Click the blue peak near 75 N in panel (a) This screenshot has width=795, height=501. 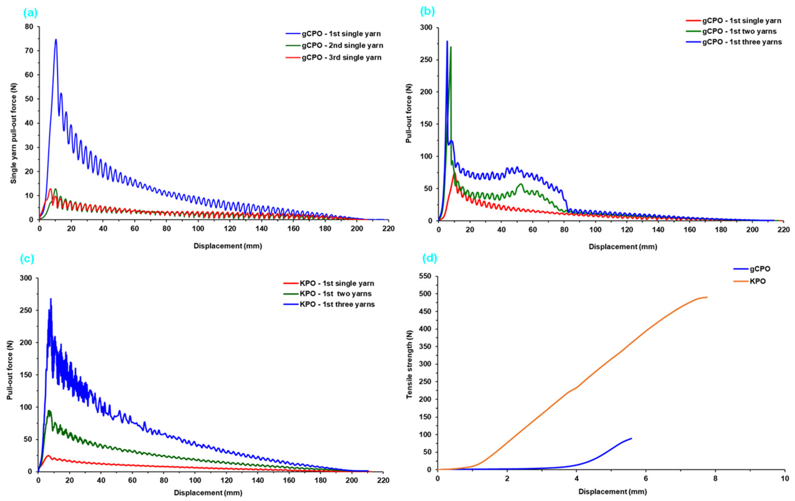click(56, 40)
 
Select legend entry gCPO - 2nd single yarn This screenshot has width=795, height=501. click(342, 46)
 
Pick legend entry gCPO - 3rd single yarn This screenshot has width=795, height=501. click(341, 58)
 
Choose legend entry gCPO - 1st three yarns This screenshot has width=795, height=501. click(741, 42)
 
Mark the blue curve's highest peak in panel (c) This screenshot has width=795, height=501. click(51, 299)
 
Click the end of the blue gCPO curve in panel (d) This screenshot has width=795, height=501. click(631, 438)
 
